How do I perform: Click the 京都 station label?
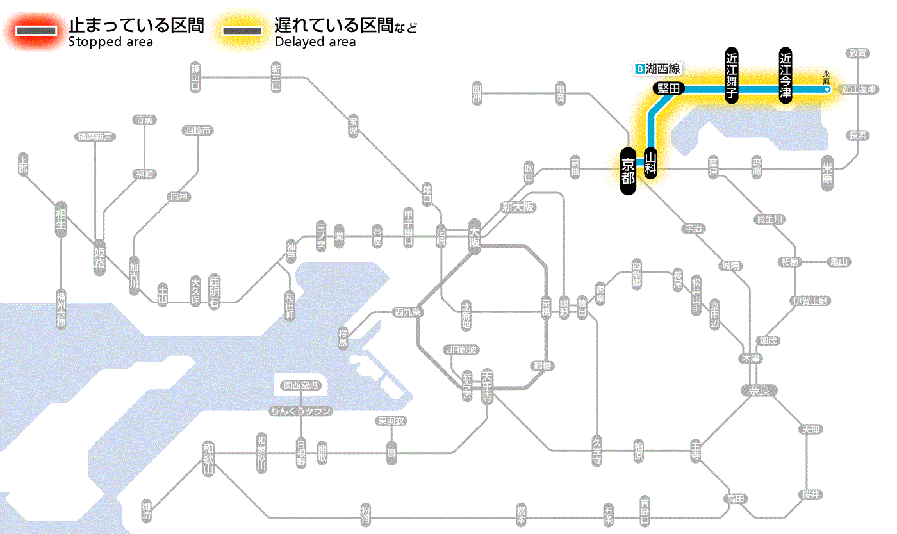[x=628, y=171]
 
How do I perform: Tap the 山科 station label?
[x=652, y=163]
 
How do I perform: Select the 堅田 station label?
[x=669, y=89]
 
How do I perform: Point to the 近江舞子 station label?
[x=732, y=75]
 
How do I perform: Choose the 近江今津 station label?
[x=786, y=75]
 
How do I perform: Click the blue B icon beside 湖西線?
[x=638, y=68]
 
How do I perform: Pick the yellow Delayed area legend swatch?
[x=242, y=30]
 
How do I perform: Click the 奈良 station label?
[x=759, y=390]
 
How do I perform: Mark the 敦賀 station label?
[x=859, y=53]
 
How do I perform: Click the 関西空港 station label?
[x=300, y=385]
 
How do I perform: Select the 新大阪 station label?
[x=518, y=207]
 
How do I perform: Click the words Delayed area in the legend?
[x=315, y=42]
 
